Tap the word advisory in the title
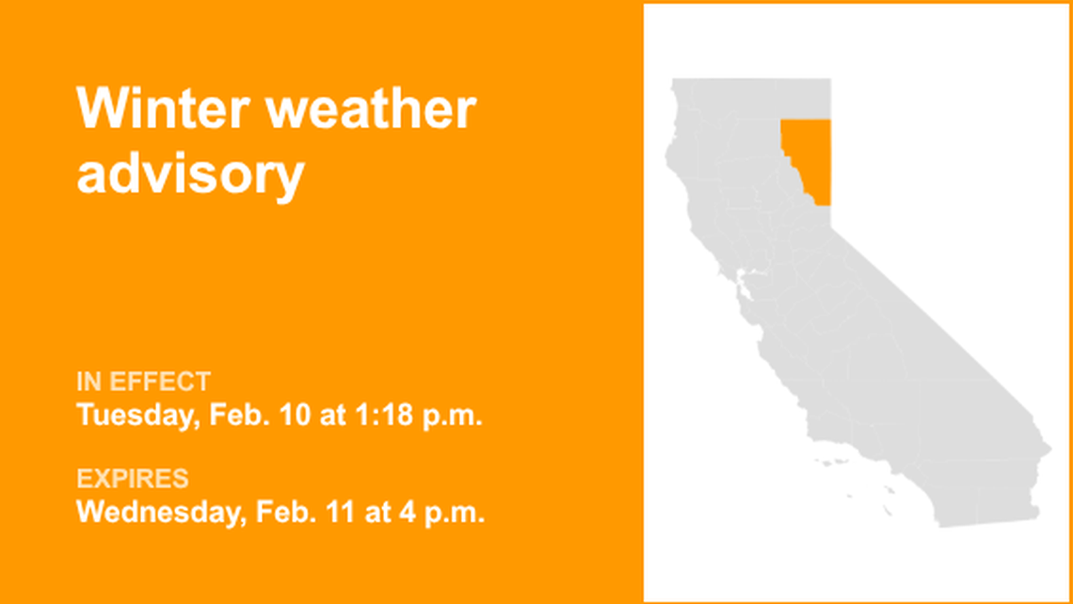[x=190, y=174]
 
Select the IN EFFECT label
[x=143, y=382]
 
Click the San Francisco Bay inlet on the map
[x=745, y=279]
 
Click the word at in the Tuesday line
[x=333, y=416]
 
